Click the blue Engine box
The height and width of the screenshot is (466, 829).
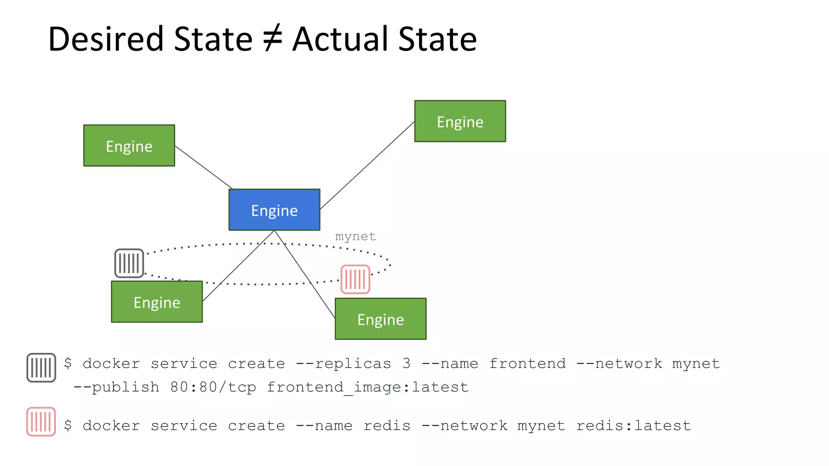[x=274, y=210]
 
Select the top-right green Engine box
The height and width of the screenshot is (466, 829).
[x=460, y=121]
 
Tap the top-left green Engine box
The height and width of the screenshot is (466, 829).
[x=129, y=146]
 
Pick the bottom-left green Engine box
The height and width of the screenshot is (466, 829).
[x=157, y=302]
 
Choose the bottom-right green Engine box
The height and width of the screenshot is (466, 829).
[x=380, y=319]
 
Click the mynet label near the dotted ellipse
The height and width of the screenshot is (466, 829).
[x=355, y=236]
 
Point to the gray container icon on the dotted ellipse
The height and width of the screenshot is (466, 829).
[x=129, y=263]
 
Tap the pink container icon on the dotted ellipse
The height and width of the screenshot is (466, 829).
[x=355, y=279]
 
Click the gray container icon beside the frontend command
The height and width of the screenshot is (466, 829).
[x=41, y=368]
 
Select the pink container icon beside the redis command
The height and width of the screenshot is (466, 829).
[x=41, y=422]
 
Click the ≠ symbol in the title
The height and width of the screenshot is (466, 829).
[x=272, y=39]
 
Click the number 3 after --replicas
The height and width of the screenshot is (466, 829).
[x=406, y=363]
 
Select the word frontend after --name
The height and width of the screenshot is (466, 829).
[x=527, y=363]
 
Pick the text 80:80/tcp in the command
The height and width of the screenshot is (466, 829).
[x=213, y=387]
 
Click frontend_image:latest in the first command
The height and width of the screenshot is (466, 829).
[x=368, y=387]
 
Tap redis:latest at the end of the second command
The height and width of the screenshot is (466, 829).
[x=633, y=426]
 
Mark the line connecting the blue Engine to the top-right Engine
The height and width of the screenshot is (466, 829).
[x=367, y=165]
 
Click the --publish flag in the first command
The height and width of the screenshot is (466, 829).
[x=116, y=387]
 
